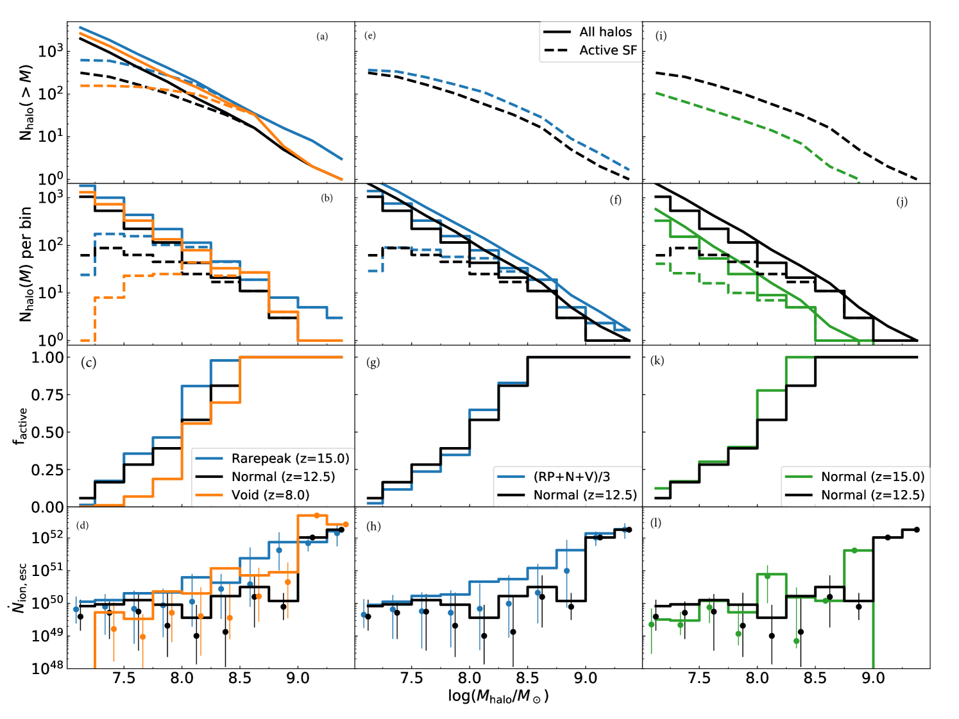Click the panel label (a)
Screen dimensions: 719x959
[x=322, y=37]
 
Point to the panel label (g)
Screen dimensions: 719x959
[x=373, y=363]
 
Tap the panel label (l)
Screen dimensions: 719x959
[x=656, y=523]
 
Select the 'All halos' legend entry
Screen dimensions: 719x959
[x=605, y=32]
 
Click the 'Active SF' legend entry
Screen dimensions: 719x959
[x=607, y=50]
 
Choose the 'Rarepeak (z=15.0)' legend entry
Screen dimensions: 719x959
[x=290, y=458]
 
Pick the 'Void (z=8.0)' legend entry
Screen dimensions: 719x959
[x=270, y=495]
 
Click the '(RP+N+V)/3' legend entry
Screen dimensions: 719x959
[x=571, y=477]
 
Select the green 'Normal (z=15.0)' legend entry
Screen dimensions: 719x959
[x=872, y=477]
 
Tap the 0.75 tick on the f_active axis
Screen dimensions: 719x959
[x=47, y=394]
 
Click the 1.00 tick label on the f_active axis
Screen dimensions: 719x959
[x=47, y=357]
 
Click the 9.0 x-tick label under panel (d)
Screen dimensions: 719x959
[x=298, y=679]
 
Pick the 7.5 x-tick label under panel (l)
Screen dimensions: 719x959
[x=699, y=679]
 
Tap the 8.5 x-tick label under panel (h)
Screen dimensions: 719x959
[x=527, y=679]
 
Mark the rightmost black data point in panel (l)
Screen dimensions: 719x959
[x=917, y=530]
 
